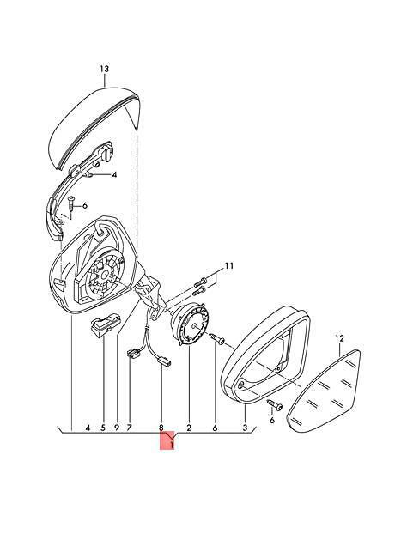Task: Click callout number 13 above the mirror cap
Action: tap(104, 69)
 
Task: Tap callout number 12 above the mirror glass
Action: tap(340, 338)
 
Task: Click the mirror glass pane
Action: tap(325, 391)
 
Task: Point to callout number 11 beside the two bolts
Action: tap(228, 266)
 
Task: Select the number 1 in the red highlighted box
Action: tap(172, 445)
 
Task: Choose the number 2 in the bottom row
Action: tap(189, 428)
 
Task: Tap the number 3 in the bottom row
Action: tap(245, 428)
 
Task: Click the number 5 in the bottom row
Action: tap(103, 428)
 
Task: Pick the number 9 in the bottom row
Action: tap(117, 428)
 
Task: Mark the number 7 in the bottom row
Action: tap(129, 428)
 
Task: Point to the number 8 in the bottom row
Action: tap(161, 428)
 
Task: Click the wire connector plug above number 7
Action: tap(132, 355)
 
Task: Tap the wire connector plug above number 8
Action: tap(163, 362)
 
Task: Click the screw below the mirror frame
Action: tap(274, 404)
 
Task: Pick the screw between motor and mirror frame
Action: tap(216, 338)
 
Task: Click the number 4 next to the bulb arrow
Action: tap(114, 175)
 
